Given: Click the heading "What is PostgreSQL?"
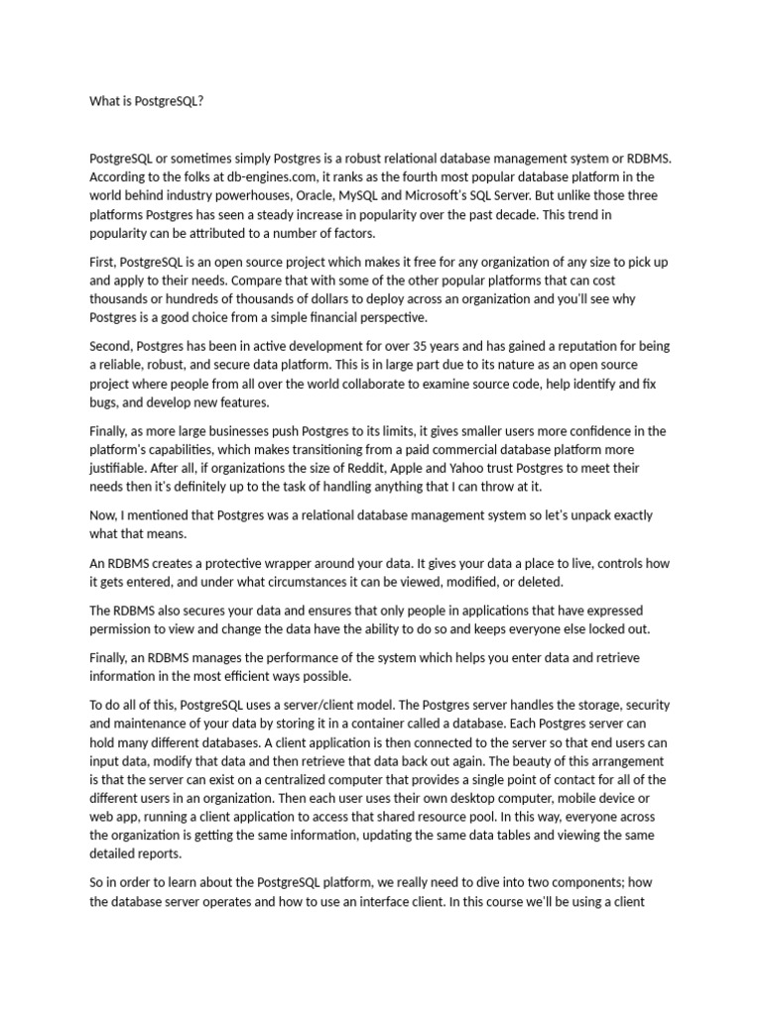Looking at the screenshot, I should [146, 101].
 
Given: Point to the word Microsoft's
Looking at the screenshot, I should [543, 195].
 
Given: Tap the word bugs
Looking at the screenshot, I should [104, 403].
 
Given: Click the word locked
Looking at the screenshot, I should [593, 628].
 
